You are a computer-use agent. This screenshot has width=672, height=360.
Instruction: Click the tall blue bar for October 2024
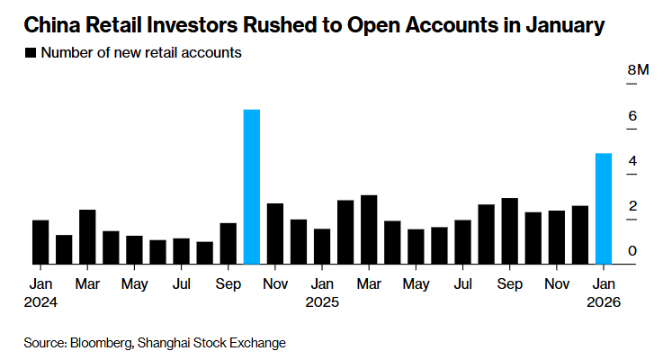252,187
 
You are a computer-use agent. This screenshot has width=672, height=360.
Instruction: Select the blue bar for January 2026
604,209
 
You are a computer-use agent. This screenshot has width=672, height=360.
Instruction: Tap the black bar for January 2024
40,242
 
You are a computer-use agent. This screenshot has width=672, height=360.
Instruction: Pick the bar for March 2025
369,229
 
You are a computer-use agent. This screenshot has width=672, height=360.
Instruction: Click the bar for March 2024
87,237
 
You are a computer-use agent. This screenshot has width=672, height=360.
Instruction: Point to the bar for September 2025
509,231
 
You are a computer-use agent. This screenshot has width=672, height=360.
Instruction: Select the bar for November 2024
275,234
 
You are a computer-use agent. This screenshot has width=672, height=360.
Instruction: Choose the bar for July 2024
181,251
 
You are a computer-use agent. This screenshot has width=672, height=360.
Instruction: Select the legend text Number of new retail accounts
142,53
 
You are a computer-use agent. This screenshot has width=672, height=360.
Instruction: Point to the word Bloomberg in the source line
103,342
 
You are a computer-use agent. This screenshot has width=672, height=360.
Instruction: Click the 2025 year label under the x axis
322,302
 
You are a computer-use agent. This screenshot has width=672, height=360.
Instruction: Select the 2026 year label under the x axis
604,302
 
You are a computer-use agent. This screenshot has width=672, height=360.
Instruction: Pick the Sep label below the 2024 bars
228,284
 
